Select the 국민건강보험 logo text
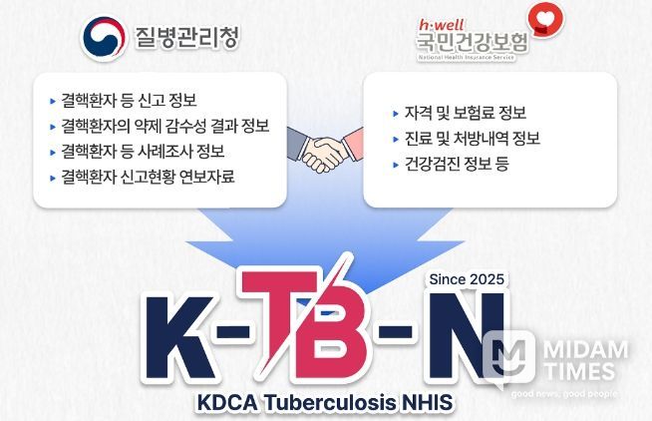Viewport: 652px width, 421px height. pos(473,41)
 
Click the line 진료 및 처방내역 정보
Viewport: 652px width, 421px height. pos(458,138)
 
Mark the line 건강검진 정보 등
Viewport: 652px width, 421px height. pos(443,164)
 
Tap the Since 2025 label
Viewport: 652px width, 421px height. pos(466,278)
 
